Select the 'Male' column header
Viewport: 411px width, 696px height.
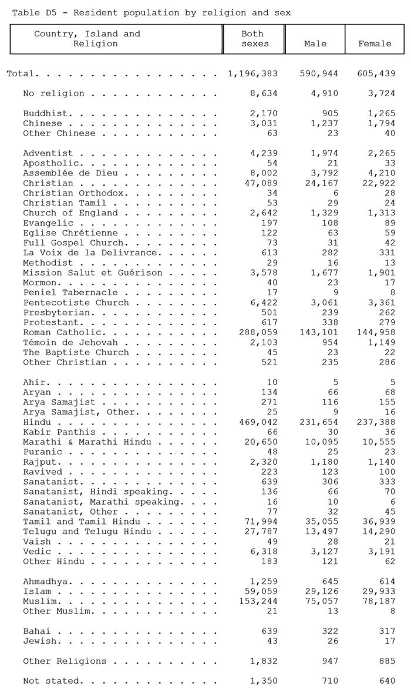(x=315, y=43)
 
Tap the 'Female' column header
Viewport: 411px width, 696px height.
(x=375, y=43)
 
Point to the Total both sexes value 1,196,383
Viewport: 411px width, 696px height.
(x=252, y=74)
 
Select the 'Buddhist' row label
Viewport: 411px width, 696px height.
(x=48, y=113)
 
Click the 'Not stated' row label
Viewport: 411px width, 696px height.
(x=52, y=681)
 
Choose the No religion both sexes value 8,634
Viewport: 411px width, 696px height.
(x=264, y=93)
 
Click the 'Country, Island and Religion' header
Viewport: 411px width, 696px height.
(x=87, y=39)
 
